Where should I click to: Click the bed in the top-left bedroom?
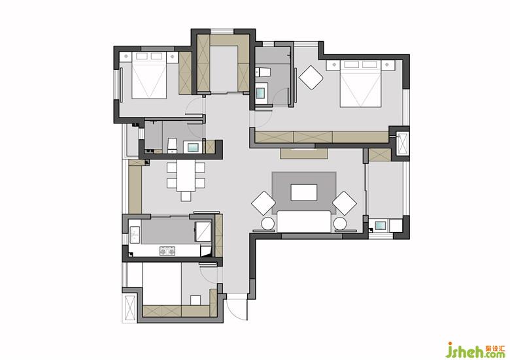[x=149, y=75]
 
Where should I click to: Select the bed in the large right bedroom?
[x=360, y=84]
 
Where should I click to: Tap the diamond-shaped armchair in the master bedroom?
[x=311, y=78]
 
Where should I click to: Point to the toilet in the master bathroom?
[x=263, y=72]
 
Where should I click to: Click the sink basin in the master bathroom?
[x=261, y=93]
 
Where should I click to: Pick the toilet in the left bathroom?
[x=172, y=145]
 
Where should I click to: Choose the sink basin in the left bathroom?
[x=193, y=147]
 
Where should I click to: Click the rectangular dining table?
[x=186, y=176]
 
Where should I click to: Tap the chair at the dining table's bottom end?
[x=186, y=196]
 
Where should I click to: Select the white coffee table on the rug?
[x=304, y=192]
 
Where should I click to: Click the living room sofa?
[x=304, y=221]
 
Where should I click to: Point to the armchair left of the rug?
[x=263, y=203]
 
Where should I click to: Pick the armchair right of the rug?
[x=345, y=203]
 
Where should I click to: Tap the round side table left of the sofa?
[x=269, y=224]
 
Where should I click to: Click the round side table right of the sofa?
[x=340, y=224]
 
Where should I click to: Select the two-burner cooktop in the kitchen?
[x=167, y=251]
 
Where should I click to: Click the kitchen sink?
[x=134, y=235]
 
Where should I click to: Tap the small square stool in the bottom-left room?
[x=195, y=300]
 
